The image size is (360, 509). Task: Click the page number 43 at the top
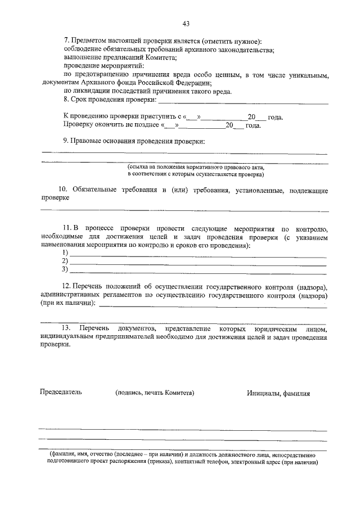click(x=186, y=23)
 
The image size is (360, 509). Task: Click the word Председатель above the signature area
click(x=60, y=393)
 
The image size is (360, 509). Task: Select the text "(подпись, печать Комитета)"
click(x=155, y=393)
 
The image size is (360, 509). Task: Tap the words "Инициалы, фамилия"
click(x=278, y=394)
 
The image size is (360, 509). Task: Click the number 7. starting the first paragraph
click(x=66, y=42)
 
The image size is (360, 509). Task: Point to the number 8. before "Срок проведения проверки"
click(x=66, y=100)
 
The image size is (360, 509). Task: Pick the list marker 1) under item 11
click(x=66, y=253)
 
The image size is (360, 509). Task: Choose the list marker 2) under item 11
click(x=66, y=261)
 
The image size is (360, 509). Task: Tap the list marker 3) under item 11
click(x=66, y=269)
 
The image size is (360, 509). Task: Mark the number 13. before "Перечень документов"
click(x=66, y=327)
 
